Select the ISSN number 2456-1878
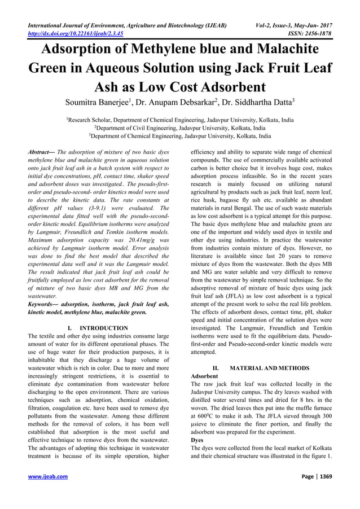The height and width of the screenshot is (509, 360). tap(318, 33)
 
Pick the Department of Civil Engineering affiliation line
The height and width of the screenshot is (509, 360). tap(180, 128)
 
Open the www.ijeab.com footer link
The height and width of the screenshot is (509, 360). tap(47, 492)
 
